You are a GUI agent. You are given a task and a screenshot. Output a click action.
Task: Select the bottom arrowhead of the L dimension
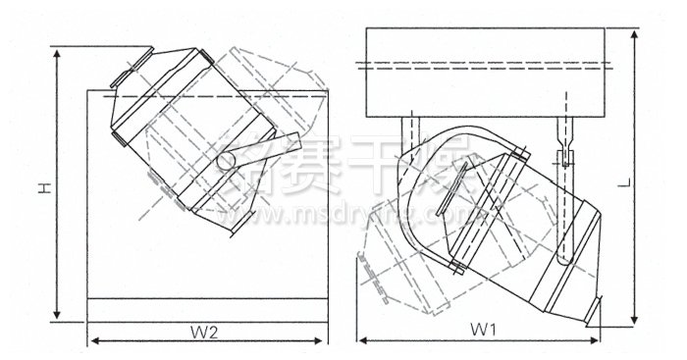coord(636,321)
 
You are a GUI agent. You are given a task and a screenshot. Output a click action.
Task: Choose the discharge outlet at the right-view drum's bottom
coord(593,309)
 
